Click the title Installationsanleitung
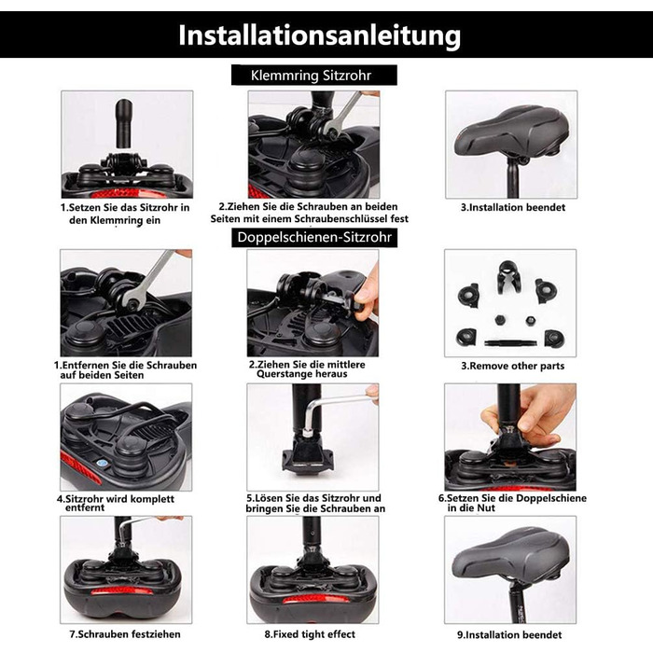[x=319, y=35]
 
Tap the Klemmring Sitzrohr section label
[x=311, y=76]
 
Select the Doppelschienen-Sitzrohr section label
[x=314, y=237]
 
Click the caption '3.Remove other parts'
[x=512, y=366]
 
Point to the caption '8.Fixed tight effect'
[x=310, y=634]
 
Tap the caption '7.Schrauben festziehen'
[x=125, y=634]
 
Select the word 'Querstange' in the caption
[x=283, y=374]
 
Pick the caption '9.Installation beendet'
[x=509, y=634]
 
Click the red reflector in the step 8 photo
[x=312, y=599]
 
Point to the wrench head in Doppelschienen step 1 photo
[x=132, y=299]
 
